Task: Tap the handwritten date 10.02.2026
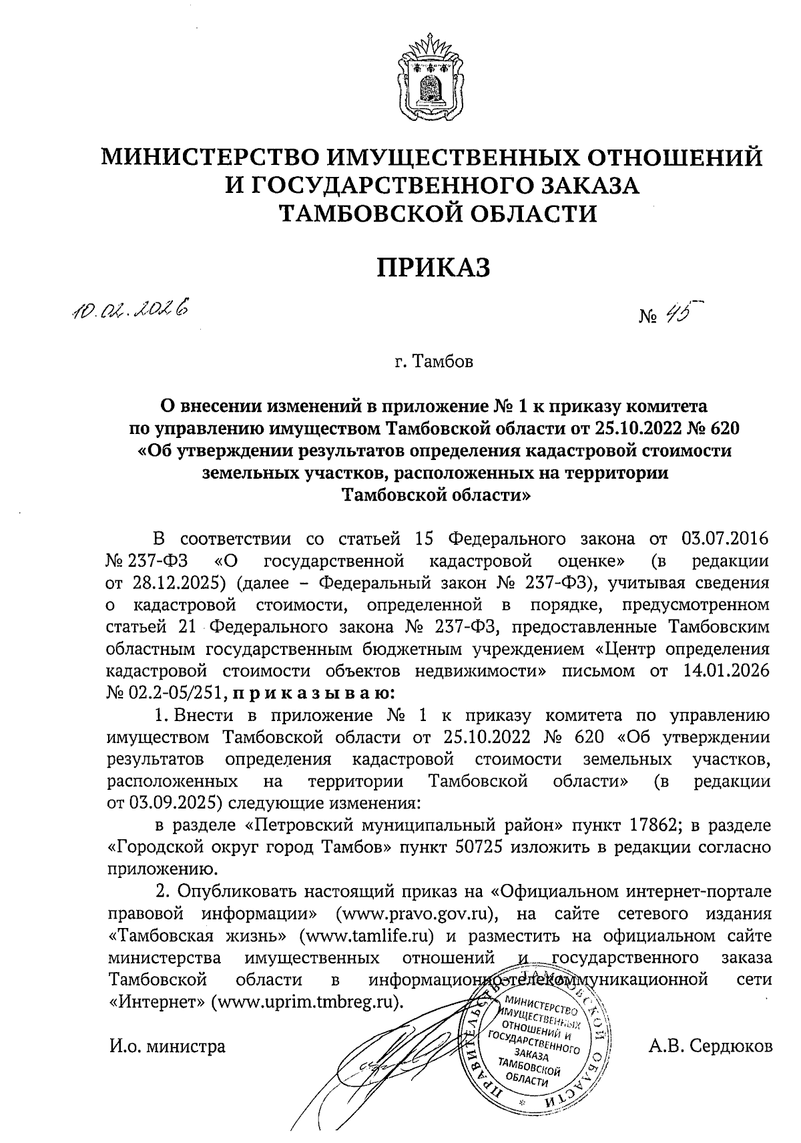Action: click(130, 308)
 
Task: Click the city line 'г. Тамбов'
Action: click(434, 363)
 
